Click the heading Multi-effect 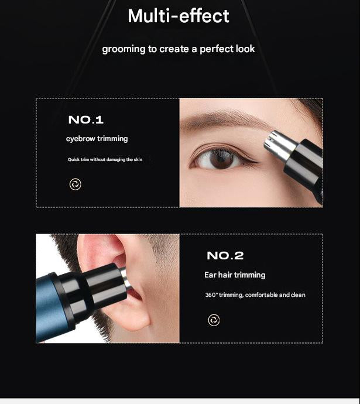[x=179, y=16]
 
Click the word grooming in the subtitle [x=124, y=49]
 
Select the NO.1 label [x=85, y=120]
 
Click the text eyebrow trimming [x=97, y=139]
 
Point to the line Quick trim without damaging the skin [x=105, y=159]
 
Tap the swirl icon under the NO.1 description [x=75, y=184]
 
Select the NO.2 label [x=225, y=256]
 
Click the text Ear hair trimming [x=235, y=275]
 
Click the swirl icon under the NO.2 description [x=214, y=320]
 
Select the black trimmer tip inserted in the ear [x=106, y=283]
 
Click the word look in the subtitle [x=246, y=49]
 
